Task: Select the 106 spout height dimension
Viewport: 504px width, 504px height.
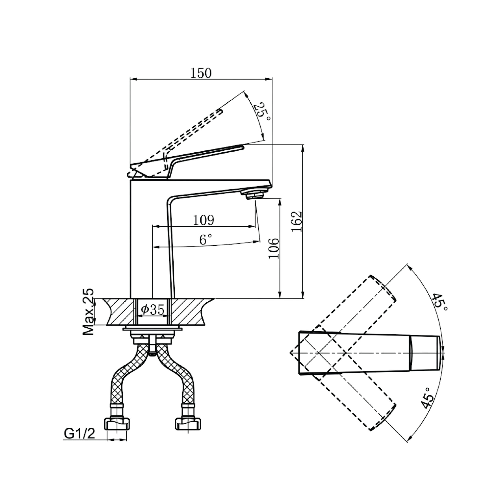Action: click(x=274, y=248)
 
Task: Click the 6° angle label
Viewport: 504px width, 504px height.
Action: click(x=206, y=239)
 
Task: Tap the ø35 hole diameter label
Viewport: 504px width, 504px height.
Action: click(x=153, y=310)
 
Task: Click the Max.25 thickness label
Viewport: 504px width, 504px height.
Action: click(x=88, y=312)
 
